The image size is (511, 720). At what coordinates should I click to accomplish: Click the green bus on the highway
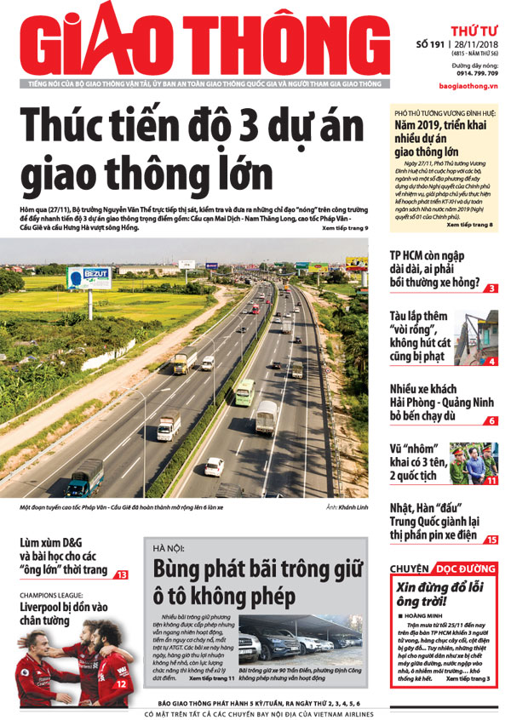pyautogui.click(x=244, y=391)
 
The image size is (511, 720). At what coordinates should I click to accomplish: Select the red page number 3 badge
pyautogui.click(x=492, y=289)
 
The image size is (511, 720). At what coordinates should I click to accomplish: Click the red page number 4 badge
pyautogui.click(x=492, y=361)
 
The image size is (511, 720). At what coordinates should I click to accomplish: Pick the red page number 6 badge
pyautogui.click(x=492, y=420)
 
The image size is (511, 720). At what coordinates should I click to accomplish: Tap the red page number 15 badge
pyautogui.click(x=492, y=540)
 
